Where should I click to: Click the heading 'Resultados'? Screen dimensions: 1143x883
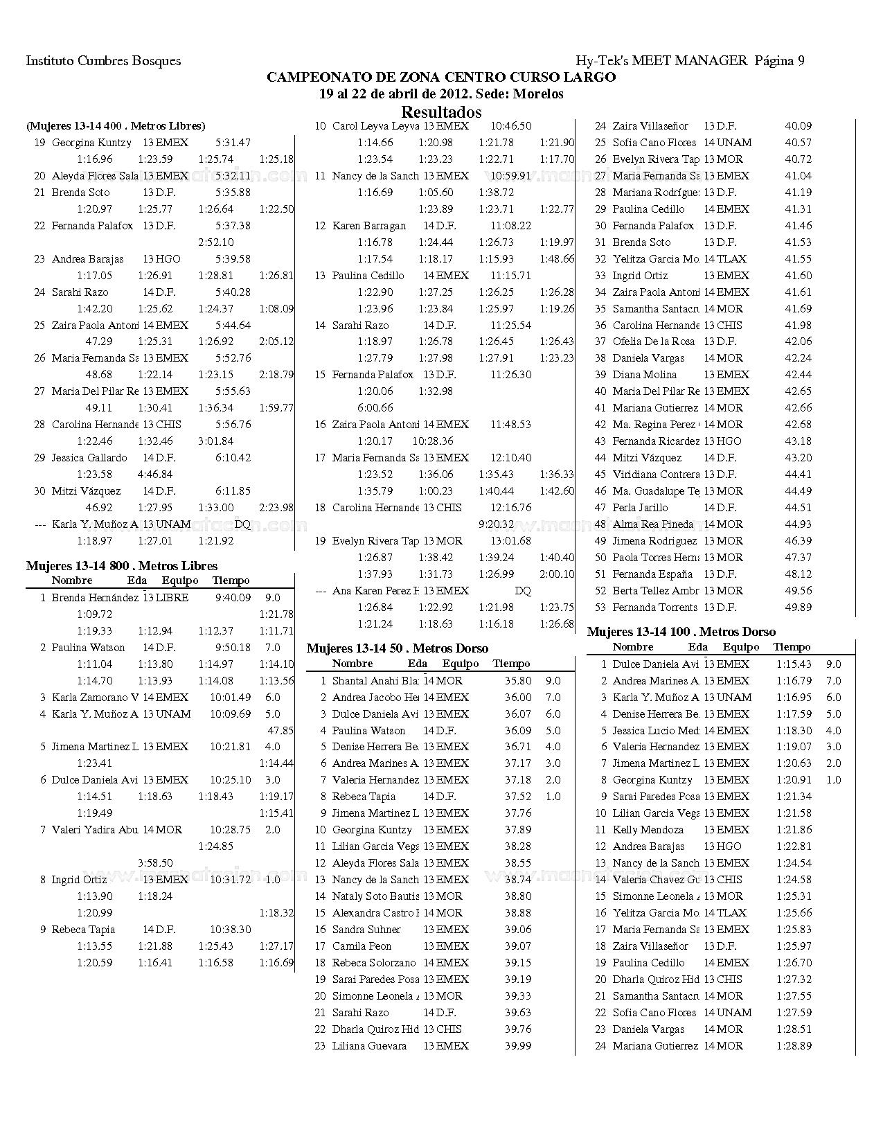click(x=441, y=112)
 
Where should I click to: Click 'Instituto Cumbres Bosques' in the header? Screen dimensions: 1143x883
click(x=103, y=60)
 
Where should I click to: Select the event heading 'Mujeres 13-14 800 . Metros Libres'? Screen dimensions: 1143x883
click(x=122, y=566)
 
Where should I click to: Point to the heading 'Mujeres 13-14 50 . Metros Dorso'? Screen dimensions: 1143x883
click(x=397, y=648)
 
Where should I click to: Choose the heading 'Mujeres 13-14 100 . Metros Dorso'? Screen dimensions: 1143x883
click(x=681, y=632)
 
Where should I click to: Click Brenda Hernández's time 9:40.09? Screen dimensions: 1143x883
click(x=233, y=598)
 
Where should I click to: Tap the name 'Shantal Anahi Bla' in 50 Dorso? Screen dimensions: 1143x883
click(x=375, y=681)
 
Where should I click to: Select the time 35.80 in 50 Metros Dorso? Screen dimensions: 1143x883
click(x=518, y=681)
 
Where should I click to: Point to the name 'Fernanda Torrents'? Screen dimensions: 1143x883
click(x=654, y=608)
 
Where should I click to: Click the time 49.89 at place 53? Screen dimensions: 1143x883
click(x=798, y=608)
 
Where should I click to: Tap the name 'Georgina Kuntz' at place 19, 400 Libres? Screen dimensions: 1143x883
click(x=91, y=143)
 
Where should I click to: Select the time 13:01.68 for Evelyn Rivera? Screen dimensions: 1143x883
click(x=510, y=541)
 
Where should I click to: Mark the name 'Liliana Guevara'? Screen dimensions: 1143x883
click(x=369, y=1046)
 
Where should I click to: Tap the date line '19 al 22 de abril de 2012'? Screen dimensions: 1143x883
click(x=441, y=94)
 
